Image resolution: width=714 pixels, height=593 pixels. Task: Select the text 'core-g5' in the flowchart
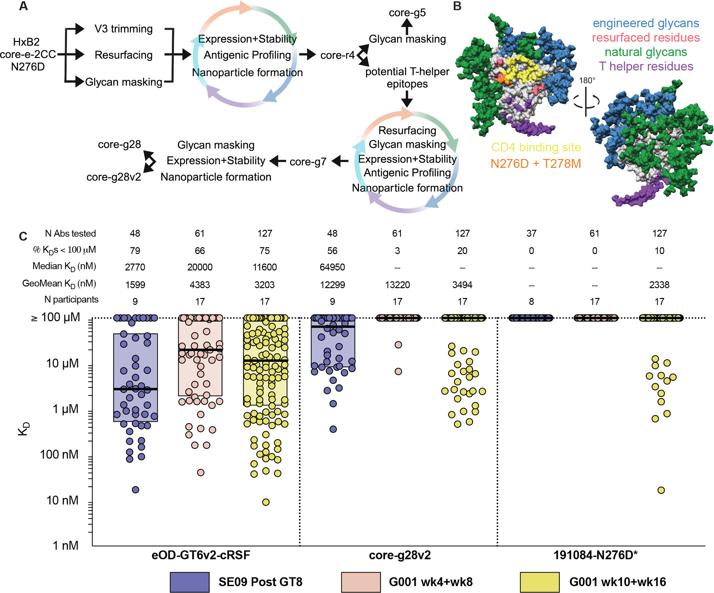[407, 13]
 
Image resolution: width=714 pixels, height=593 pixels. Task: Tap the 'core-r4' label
[337, 55]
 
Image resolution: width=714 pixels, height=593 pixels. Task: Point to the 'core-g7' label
[308, 162]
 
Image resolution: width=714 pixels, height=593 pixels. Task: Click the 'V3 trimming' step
[123, 29]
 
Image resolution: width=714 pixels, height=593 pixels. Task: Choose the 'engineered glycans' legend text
[646, 23]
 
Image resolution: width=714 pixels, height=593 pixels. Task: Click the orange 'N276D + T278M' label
[535, 164]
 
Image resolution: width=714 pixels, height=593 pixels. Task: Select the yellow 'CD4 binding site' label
[536, 147]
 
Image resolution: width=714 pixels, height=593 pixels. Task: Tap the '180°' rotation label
[587, 80]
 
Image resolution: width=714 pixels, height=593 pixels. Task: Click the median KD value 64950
[332, 267]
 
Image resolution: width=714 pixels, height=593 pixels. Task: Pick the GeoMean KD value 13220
[397, 285]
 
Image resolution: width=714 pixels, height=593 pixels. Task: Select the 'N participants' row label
[71, 300]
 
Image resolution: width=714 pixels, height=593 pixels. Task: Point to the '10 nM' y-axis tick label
[62, 500]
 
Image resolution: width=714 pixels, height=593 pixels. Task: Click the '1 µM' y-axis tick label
[65, 409]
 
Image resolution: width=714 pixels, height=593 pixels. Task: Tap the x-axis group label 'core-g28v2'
[400, 555]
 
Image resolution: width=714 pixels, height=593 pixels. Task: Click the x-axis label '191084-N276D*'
[595, 555]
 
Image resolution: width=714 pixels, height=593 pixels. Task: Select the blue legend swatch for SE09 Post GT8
[189, 582]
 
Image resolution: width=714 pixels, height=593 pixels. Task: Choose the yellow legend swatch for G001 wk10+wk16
[540, 582]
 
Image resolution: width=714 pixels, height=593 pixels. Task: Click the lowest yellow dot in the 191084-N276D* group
[661, 490]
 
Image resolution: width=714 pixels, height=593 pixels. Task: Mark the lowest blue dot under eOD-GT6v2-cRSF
[135, 490]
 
